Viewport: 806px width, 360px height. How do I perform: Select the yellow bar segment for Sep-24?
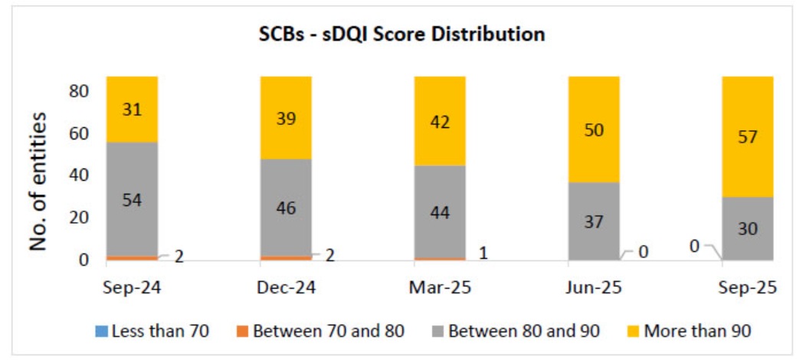pos(132,109)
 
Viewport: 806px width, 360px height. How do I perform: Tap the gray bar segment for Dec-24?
pos(286,207)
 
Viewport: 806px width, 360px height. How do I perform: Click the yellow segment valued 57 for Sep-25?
pos(747,136)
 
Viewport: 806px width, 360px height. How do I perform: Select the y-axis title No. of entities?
pos(39,182)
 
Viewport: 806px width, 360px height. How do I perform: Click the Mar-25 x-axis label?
pos(440,288)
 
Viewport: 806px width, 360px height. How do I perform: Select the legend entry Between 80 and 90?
pos(517,332)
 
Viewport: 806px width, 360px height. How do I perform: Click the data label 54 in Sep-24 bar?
pos(132,200)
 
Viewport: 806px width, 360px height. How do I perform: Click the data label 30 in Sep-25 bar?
pos(747,227)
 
